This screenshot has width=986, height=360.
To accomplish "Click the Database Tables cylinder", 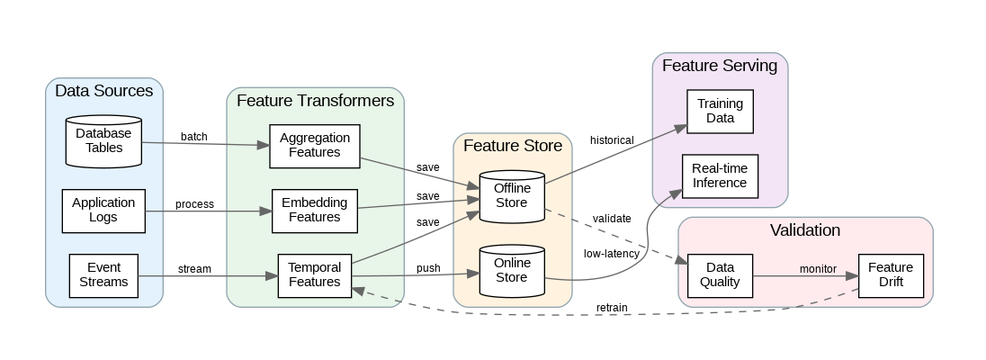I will (103, 140).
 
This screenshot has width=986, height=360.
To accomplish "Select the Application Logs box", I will (103, 210).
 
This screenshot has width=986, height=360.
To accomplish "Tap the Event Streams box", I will (103, 274).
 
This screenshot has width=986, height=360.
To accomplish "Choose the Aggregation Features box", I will (315, 146).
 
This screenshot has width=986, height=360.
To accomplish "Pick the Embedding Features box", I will (315, 210).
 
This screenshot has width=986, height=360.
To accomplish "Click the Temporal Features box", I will (314, 274).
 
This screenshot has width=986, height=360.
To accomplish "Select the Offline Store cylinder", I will (512, 195).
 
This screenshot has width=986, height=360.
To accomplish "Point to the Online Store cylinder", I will (512, 271).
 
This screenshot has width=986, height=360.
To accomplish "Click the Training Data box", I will (720, 111).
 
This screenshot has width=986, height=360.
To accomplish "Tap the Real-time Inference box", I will (720, 175).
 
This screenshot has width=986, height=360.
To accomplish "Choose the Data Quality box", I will (720, 274).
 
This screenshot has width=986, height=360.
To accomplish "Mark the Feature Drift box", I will (891, 274).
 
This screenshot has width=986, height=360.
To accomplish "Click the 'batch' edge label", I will (193, 137).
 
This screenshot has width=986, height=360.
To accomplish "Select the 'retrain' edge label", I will (612, 308).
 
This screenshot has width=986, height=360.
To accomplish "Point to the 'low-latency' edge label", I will (612, 254).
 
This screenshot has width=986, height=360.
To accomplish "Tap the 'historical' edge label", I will (612, 139).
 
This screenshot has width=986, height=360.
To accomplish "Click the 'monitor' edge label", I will (818, 268).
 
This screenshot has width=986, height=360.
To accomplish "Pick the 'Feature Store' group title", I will (512, 146).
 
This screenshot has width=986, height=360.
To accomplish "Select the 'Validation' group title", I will (805, 230).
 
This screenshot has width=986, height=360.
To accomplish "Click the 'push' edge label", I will (428, 268).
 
